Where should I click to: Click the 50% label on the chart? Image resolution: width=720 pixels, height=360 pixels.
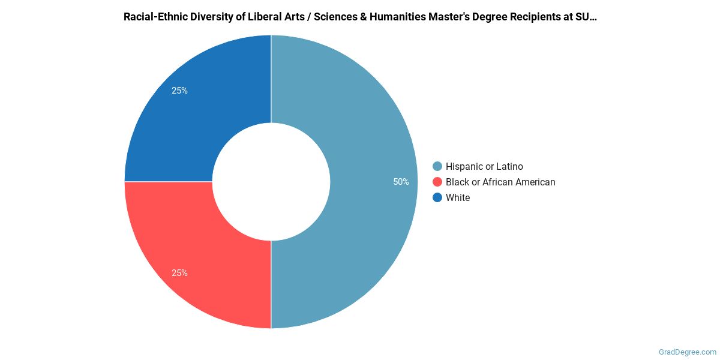point(401,182)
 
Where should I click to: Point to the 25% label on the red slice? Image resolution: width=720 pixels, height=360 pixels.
point(179,273)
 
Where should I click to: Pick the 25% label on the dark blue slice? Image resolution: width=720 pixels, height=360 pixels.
point(179,91)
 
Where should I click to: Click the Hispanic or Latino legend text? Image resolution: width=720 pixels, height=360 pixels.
point(484,166)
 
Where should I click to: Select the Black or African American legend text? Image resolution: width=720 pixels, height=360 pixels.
point(500,182)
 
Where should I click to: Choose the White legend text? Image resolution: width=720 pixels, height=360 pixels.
point(458,197)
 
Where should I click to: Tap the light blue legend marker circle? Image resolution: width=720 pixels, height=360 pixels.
point(437,166)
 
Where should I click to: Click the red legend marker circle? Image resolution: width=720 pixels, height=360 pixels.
point(437,182)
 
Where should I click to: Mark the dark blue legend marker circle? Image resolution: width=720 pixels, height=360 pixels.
point(437,197)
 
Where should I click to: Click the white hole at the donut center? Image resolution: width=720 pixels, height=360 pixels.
point(271,181)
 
